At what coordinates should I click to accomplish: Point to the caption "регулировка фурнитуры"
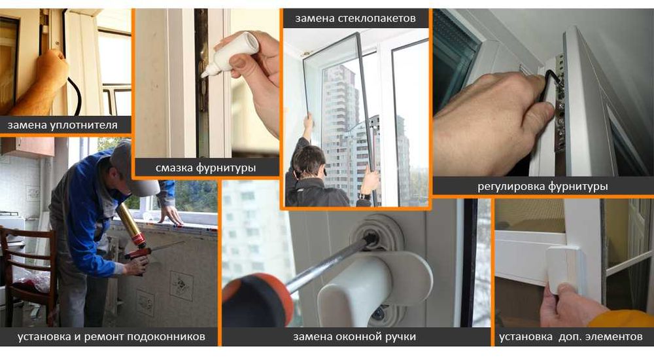click(543, 187)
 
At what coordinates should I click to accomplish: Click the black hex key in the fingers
click(555, 79)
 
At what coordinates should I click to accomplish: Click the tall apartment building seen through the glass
click(340, 131)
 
